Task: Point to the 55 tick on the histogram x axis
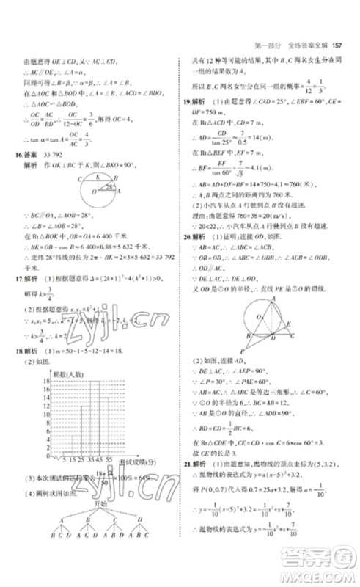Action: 111,459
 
